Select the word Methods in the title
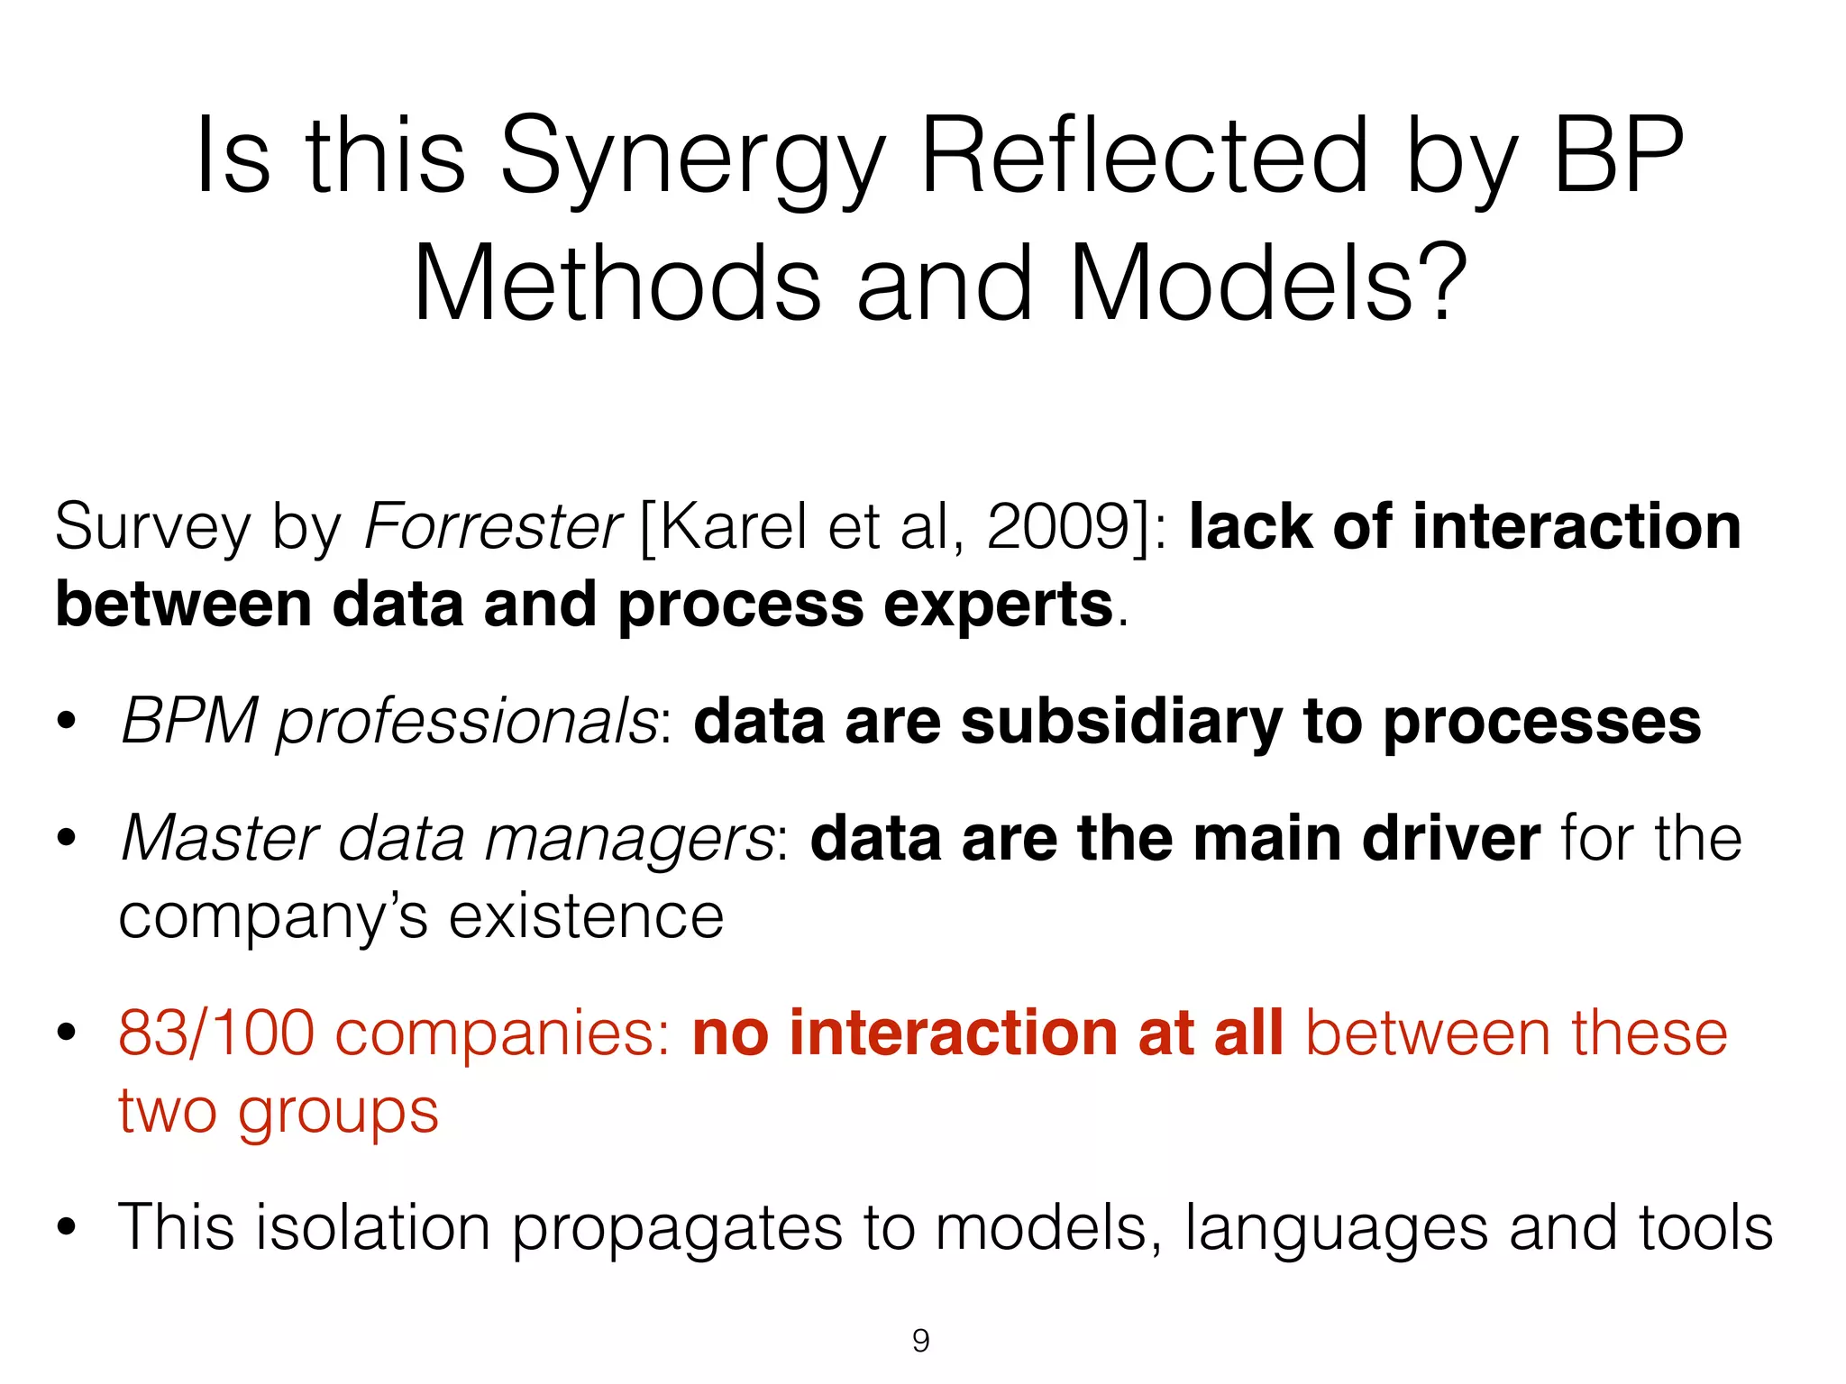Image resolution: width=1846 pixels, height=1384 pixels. [617, 283]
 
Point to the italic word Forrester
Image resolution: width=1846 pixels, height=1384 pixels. [492, 526]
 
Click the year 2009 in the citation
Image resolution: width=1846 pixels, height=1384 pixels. [1058, 526]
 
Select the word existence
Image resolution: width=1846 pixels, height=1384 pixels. [587, 917]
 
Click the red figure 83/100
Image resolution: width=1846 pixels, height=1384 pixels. [216, 1033]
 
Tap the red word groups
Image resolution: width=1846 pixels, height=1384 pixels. [337, 1112]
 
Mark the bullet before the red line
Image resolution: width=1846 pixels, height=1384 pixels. [66, 1033]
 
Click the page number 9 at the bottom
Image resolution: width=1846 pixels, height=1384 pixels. [920, 1341]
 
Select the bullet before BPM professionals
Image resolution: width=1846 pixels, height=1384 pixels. [66, 722]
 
